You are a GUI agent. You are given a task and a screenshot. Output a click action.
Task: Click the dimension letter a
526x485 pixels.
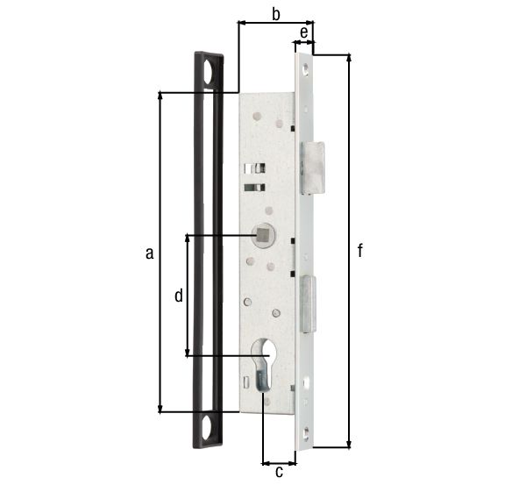(x=149, y=253)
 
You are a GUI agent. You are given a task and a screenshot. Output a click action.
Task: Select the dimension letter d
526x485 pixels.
(x=178, y=296)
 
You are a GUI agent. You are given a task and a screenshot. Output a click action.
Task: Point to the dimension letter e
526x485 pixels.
(x=303, y=32)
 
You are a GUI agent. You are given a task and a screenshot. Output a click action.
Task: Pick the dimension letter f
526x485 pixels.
(x=360, y=251)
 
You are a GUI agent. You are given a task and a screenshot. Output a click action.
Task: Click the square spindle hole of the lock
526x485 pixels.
(x=260, y=234)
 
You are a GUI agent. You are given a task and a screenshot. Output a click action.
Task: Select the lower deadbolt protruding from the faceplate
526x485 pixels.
(x=309, y=303)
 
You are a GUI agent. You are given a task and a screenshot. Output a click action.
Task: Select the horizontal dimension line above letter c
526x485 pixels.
(x=280, y=460)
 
